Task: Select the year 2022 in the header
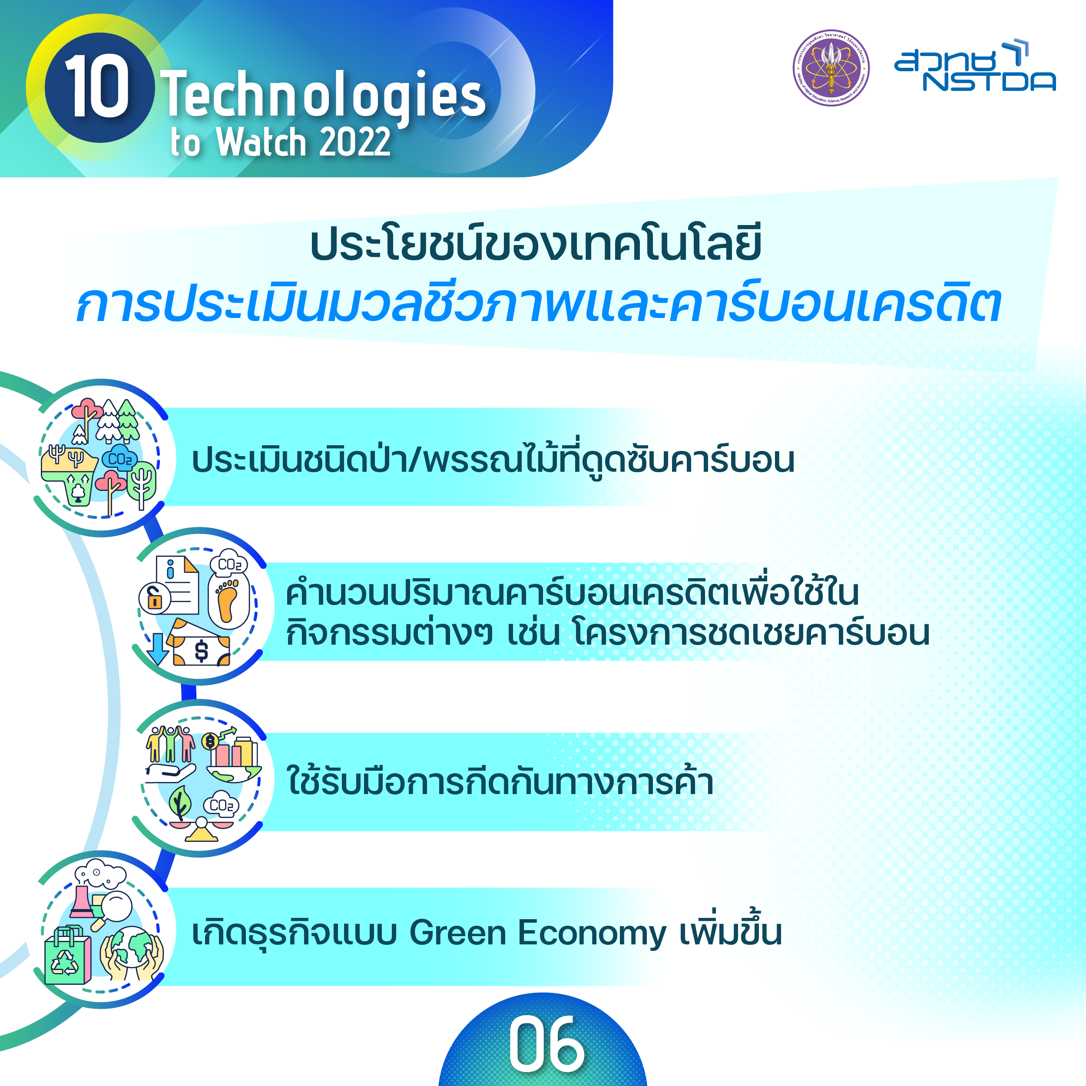click(354, 142)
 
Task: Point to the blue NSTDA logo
click(975, 65)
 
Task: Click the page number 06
click(546, 1044)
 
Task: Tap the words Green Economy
click(537, 933)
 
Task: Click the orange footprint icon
click(228, 601)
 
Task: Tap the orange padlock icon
click(155, 598)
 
